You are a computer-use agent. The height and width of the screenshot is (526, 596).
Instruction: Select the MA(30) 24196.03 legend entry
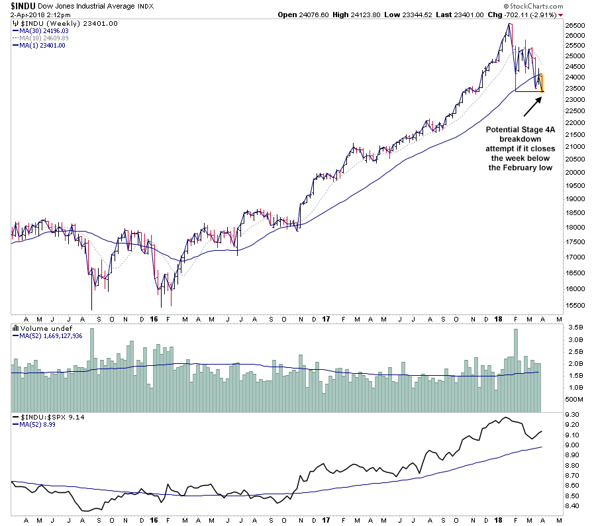point(44,31)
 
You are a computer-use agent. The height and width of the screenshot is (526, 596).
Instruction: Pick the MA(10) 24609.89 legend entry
point(44,38)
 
